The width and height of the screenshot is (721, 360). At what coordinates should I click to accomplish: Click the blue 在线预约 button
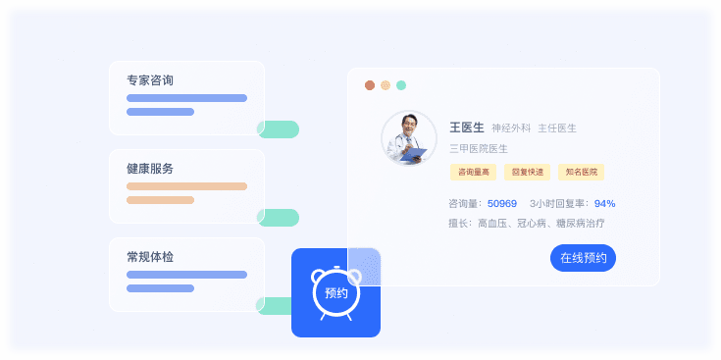coord(583,258)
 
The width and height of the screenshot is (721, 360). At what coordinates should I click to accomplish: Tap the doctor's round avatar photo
coord(408,137)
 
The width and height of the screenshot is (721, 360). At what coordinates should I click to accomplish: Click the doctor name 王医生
coord(467,128)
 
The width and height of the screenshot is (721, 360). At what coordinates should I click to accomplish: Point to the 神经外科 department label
coord(511,128)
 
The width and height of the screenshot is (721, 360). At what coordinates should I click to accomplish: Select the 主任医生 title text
coord(557,128)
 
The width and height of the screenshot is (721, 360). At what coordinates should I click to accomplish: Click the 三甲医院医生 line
coord(479,148)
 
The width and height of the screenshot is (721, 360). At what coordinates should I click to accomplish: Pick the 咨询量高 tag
coord(474,173)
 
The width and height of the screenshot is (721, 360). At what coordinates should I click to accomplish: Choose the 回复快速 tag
coord(527,173)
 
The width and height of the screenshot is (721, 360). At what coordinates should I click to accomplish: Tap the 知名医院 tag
coord(581,173)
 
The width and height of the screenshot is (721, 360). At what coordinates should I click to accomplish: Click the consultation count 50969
coord(502,204)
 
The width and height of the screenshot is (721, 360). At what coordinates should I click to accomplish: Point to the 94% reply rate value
coord(604,204)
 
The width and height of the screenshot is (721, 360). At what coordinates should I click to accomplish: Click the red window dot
coord(370,85)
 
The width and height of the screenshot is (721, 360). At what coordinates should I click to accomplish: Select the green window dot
coord(401,85)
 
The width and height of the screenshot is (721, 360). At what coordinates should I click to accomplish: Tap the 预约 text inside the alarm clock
coord(335,292)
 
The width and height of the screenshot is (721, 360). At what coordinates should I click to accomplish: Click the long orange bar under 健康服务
coord(186,186)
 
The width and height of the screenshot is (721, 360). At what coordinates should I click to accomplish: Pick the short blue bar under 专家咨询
coord(160,112)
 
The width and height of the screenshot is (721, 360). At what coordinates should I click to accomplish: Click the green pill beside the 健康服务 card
coord(279,218)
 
